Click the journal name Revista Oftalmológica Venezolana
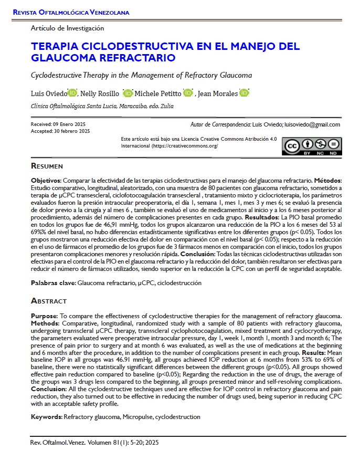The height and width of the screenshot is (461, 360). pyautogui.click(x=71, y=12)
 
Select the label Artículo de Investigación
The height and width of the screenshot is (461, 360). pyautogui.click(x=68, y=28)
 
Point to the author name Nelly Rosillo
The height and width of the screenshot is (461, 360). pyautogui.click(x=100, y=93)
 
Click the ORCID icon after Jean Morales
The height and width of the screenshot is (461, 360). pyautogui.click(x=244, y=93)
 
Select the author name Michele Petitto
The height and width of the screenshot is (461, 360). pyautogui.click(x=157, y=93)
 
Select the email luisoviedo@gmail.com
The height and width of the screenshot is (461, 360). pyautogui.click(x=312, y=124)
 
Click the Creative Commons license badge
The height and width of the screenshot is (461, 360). pyautogui.click(x=311, y=146)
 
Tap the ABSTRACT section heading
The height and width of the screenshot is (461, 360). pyautogui.click(x=49, y=301)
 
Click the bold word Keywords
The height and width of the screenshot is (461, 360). pyautogui.click(x=46, y=417)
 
